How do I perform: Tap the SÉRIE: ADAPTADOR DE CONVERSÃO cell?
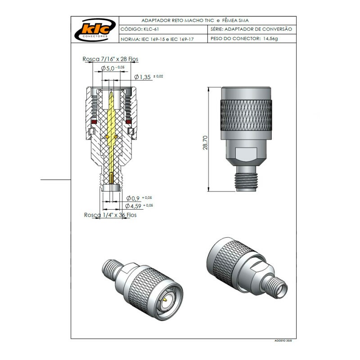(251, 29)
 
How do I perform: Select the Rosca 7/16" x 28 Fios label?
(110, 59)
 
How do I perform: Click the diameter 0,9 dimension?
(134, 198)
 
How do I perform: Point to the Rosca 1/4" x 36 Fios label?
(110, 215)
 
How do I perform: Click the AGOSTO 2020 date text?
(283, 342)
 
